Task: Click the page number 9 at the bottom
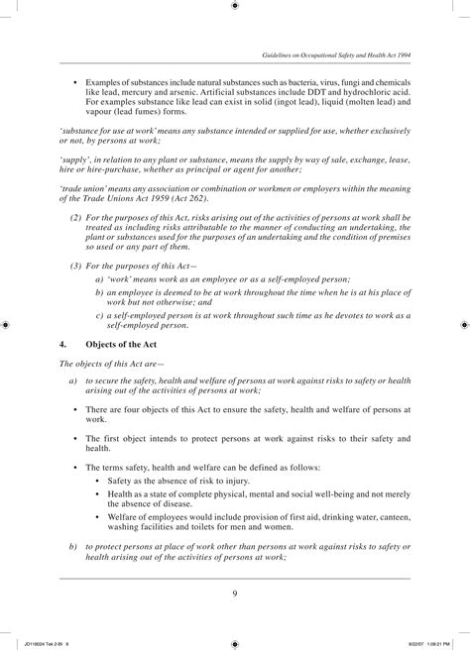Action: [x=235, y=595]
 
